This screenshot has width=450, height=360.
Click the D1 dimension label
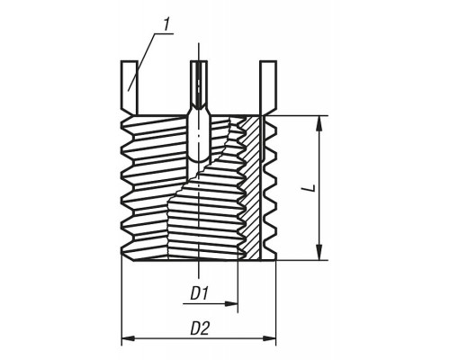pos(200,293)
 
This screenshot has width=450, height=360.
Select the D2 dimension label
pos(200,328)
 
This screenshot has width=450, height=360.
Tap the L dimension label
pos(312,188)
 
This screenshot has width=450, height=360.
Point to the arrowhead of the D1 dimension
pos(231,304)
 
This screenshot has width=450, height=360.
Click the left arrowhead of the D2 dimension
pos(128,338)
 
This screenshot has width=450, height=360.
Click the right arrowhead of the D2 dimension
pos(269,338)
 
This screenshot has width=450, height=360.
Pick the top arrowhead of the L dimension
pos(319,123)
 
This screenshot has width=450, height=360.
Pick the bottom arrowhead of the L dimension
pos(319,253)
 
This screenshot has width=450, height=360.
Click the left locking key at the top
pos(130,87)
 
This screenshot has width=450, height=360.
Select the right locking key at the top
pos(268,87)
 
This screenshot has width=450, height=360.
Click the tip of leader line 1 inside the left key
pos(129,90)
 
